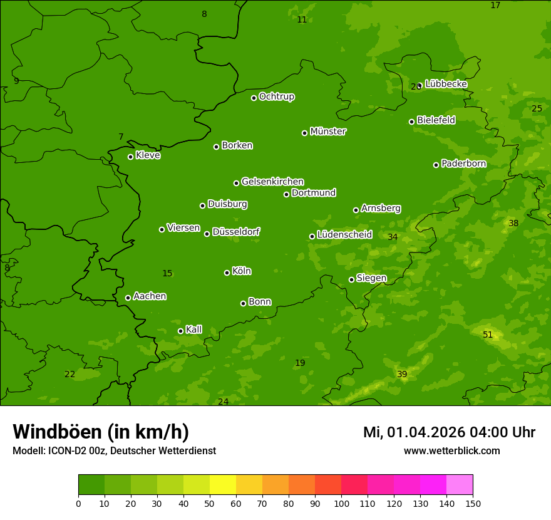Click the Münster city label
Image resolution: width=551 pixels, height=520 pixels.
click(x=328, y=132)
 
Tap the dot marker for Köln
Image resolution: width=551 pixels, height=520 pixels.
click(x=227, y=273)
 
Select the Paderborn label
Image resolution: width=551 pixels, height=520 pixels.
click(x=463, y=164)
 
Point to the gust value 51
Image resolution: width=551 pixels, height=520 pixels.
click(x=488, y=335)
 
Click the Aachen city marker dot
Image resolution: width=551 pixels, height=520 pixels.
click(x=128, y=298)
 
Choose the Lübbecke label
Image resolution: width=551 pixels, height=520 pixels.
click(x=446, y=84)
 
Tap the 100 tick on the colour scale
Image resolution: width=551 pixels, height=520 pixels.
click(x=341, y=503)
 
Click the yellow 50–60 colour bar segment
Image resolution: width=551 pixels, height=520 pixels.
click(x=223, y=485)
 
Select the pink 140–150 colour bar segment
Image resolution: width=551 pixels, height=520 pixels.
click(x=460, y=485)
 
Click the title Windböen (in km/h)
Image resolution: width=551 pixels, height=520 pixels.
click(x=101, y=432)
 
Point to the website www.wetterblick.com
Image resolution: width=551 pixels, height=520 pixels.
click(x=451, y=450)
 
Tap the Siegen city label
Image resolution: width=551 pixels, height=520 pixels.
click(x=371, y=278)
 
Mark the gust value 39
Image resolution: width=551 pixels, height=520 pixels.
click(x=402, y=374)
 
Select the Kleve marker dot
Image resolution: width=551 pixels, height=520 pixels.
click(x=130, y=157)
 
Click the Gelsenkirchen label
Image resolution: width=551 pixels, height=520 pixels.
click(x=272, y=182)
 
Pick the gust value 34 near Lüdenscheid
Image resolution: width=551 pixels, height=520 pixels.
click(x=393, y=237)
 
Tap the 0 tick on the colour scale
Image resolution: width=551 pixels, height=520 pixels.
click(x=78, y=503)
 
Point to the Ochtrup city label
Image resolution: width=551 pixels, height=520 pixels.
click(x=276, y=96)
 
